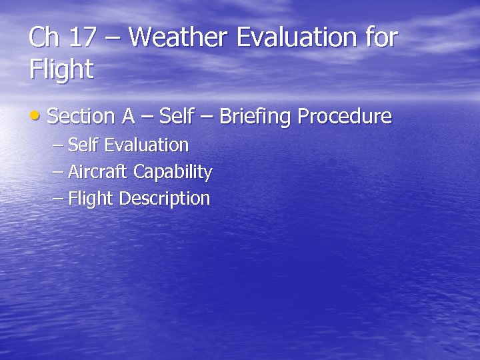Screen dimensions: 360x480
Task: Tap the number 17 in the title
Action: [x=83, y=37]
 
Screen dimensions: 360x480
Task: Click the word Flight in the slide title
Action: [x=61, y=69]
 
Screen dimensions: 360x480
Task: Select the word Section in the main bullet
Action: [x=81, y=117]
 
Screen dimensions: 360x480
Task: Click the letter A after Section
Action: [x=128, y=117]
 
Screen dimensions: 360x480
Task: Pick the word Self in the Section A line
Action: [x=177, y=117]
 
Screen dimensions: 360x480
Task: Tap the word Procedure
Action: [x=345, y=117]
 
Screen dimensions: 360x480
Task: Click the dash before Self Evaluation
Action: [x=58, y=145]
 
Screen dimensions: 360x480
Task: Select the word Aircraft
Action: [x=99, y=172]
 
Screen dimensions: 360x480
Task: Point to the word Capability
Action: [x=173, y=173]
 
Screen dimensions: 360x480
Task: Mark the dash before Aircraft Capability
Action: [x=58, y=172]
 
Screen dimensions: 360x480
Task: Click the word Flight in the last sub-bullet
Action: [x=91, y=199]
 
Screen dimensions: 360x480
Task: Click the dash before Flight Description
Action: [x=58, y=199]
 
